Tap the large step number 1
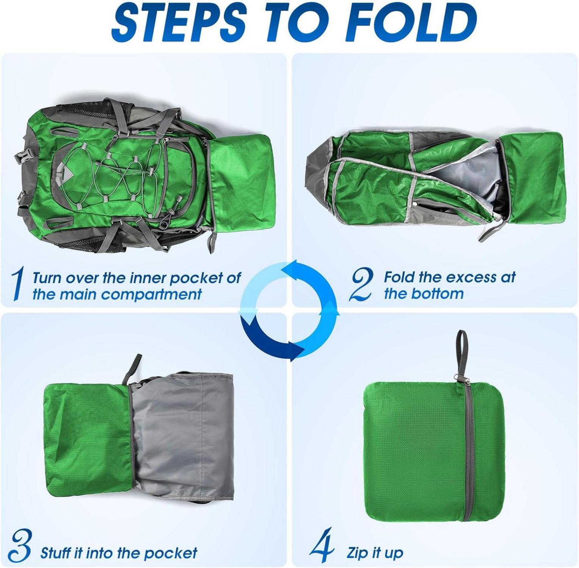click(x=17, y=284)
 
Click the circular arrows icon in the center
click(x=289, y=310)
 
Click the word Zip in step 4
click(x=358, y=553)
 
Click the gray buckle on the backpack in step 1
click(x=23, y=156)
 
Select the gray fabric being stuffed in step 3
click(x=182, y=435)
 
